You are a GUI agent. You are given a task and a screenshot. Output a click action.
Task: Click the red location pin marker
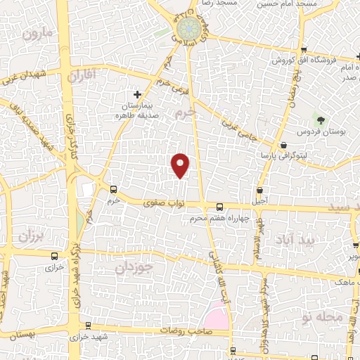[181, 165]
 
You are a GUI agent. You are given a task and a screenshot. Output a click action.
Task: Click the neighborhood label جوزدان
[134, 266]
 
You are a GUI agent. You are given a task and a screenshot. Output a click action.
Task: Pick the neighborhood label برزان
[31, 237]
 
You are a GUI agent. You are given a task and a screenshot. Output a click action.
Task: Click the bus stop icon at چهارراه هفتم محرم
[220, 207]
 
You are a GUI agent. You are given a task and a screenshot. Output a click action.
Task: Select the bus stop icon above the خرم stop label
[114, 189]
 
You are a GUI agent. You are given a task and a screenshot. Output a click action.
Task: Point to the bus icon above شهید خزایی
[88, 326]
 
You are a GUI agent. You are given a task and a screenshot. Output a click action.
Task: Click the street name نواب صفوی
[163, 203]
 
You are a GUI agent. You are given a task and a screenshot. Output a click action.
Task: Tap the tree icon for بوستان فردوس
[321, 120]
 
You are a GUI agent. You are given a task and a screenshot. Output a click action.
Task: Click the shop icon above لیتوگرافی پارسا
[283, 146]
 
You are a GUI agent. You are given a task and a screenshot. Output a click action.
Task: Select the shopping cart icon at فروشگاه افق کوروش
[302, 50]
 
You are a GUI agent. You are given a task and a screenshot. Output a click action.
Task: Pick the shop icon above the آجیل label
[261, 191]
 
